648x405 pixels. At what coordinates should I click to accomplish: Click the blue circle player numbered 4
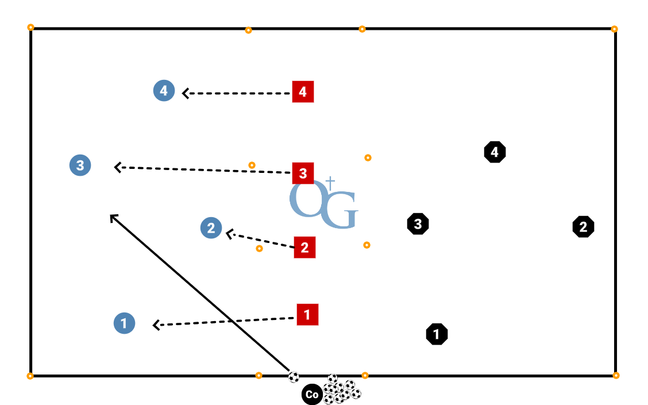[164, 91]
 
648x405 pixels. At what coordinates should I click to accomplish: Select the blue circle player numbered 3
[80, 165]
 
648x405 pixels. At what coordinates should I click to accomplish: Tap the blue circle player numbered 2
[211, 228]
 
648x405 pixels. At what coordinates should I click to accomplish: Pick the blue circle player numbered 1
[124, 323]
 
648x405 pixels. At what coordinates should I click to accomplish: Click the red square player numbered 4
[303, 92]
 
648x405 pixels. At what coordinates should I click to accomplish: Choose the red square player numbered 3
[303, 173]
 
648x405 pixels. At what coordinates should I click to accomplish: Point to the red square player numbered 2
[304, 248]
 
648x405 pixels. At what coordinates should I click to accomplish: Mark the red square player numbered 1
[307, 315]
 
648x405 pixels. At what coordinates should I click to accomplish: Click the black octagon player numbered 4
[495, 152]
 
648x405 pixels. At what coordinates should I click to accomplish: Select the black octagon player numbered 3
[418, 224]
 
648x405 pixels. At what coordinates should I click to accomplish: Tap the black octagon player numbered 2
[583, 227]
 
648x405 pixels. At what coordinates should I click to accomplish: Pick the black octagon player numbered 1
[437, 334]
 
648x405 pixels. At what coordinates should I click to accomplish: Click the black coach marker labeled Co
[312, 395]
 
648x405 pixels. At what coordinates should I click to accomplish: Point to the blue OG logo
[323, 203]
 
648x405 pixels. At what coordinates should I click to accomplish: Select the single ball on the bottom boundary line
[294, 377]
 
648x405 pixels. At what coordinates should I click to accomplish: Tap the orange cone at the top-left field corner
[30, 27]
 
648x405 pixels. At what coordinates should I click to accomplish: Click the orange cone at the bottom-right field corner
[616, 376]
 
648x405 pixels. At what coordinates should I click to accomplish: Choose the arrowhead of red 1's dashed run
[155, 326]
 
